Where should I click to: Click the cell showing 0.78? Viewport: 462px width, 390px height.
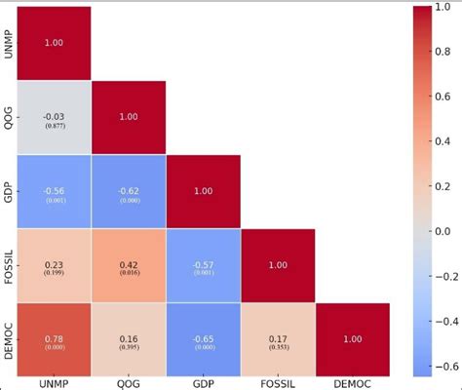pos(55,340)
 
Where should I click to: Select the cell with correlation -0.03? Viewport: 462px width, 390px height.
pos(55,118)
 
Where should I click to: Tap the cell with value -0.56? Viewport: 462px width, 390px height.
pos(55,192)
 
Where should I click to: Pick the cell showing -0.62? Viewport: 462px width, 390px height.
pos(129,192)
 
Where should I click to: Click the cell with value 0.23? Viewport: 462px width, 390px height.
pos(55,266)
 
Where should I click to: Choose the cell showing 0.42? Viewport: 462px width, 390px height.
pos(129,266)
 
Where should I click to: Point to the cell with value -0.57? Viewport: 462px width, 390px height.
pos(203,266)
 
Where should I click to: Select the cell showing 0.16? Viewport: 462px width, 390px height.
pos(129,340)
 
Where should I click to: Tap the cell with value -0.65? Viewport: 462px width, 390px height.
pos(203,340)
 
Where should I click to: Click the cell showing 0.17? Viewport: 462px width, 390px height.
pos(278,340)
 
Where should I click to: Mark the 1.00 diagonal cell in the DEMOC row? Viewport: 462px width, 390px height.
pos(352,340)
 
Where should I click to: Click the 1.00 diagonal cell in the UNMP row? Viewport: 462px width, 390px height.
pos(55,44)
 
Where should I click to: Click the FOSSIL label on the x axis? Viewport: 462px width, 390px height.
pos(278,383)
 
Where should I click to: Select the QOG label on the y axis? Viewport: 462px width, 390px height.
pos(9,118)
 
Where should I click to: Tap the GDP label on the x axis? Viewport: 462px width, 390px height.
pos(203,383)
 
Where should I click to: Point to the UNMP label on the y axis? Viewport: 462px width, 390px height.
pos(9,44)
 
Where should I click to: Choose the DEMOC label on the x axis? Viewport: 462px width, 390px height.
pos(352,383)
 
